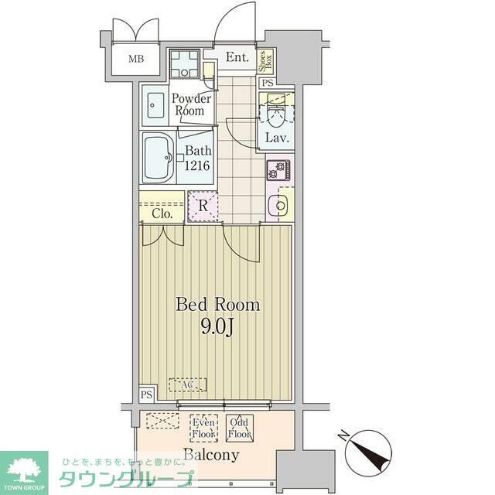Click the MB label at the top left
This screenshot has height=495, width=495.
tap(136, 59)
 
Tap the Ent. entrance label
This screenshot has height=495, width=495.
tap(237, 57)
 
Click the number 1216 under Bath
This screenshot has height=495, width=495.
tap(197, 166)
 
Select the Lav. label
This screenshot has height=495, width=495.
tap(277, 138)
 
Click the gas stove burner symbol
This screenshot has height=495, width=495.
tap(278, 169)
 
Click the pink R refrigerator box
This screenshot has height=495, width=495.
tap(202, 206)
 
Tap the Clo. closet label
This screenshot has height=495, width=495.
tap(162, 213)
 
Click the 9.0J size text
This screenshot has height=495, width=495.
tap(217, 327)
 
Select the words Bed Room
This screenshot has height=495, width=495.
tap(217, 305)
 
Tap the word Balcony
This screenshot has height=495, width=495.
tap(210, 455)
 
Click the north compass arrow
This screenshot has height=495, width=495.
tap(357, 449)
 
